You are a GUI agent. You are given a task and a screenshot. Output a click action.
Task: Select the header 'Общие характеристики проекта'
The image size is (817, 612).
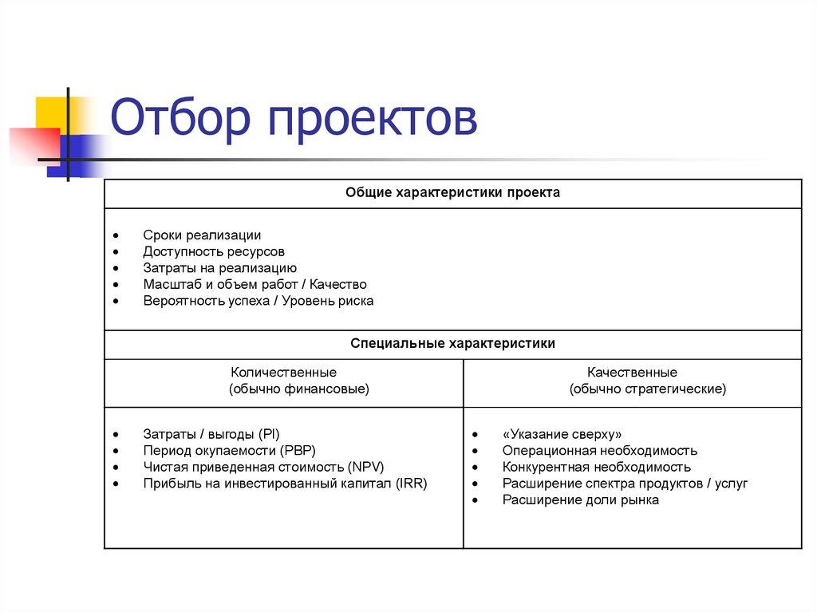tap(452, 193)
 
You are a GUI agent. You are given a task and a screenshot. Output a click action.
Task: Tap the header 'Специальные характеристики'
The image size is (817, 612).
tap(452, 343)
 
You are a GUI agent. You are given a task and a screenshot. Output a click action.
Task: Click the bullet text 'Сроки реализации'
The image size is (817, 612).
tap(202, 235)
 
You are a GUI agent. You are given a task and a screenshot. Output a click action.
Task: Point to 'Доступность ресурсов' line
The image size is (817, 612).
tap(214, 251)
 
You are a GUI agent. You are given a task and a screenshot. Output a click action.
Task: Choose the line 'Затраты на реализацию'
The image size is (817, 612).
tap(220, 268)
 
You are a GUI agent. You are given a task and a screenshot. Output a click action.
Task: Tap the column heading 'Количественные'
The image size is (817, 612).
tap(283, 373)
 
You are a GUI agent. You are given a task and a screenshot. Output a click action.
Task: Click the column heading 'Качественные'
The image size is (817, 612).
tap(632, 373)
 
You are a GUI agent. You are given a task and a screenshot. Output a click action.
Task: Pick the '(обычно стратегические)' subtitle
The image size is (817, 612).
tap(647, 389)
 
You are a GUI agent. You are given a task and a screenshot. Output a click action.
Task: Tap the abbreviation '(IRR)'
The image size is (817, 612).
tap(410, 484)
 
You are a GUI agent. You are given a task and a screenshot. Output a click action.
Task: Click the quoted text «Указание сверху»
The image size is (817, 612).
tap(562, 435)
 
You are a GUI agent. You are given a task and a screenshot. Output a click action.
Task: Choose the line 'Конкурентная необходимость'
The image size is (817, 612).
tap(596, 467)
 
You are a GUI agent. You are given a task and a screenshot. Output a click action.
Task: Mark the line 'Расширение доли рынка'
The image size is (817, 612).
tap(580, 500)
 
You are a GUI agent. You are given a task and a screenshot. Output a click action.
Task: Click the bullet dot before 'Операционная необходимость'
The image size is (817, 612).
tap(475, 452)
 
